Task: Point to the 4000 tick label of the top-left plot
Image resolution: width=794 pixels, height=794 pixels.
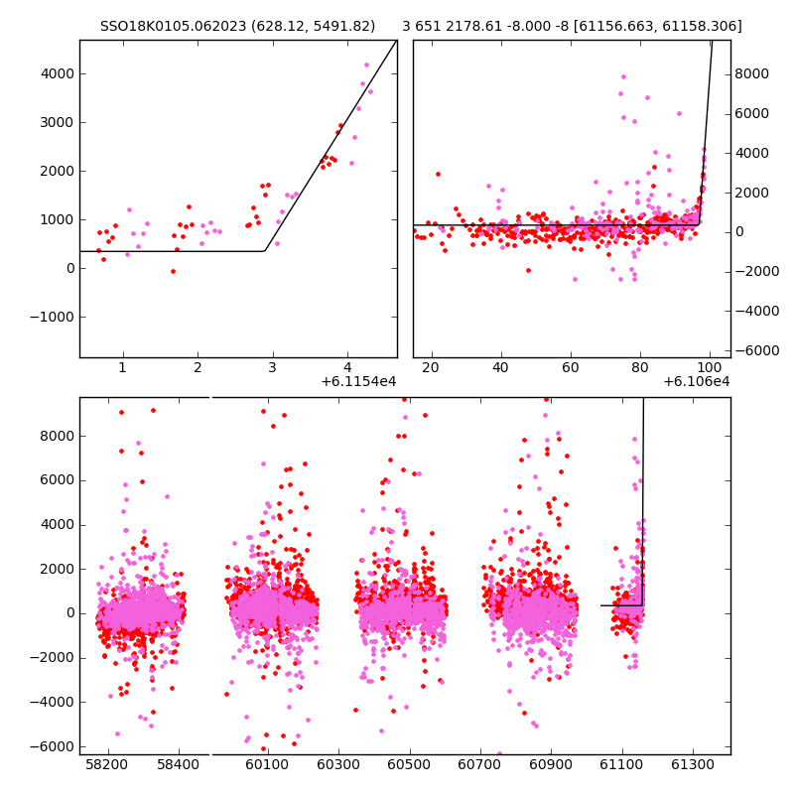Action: coord(58,73)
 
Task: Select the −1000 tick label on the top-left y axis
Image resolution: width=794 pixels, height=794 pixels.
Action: coord(53,317)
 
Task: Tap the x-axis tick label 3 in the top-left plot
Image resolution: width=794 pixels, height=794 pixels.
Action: coord(272,367)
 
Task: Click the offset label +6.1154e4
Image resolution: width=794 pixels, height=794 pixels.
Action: coord(358,382)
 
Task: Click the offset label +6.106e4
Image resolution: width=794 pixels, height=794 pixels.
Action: coord(697,382)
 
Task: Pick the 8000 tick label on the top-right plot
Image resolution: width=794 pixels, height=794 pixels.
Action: coord(752,73)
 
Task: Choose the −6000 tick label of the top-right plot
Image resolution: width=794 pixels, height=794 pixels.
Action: coord(757,350)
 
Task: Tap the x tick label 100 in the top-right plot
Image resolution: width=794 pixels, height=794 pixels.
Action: coord(710,367)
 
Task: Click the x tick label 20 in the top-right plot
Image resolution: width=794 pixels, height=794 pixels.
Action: coord(431,367)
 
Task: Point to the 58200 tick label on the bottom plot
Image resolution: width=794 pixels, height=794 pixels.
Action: coord(107,764)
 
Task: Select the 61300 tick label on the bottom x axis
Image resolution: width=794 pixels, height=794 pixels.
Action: coord(692,764)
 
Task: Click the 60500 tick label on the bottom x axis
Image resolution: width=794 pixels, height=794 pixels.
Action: coord(409,764)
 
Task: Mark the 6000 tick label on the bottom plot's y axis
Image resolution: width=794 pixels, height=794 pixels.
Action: coord(58,480)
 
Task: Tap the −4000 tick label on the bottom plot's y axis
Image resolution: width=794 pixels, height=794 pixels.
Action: coord(53,703)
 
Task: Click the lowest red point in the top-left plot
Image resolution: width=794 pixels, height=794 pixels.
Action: coord(173,271)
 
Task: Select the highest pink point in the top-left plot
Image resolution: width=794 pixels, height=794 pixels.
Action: coord(366,65)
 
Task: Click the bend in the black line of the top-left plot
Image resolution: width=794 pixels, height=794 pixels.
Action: coord(265,251)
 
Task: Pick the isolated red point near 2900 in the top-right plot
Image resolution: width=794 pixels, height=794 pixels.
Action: coord(438,175)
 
